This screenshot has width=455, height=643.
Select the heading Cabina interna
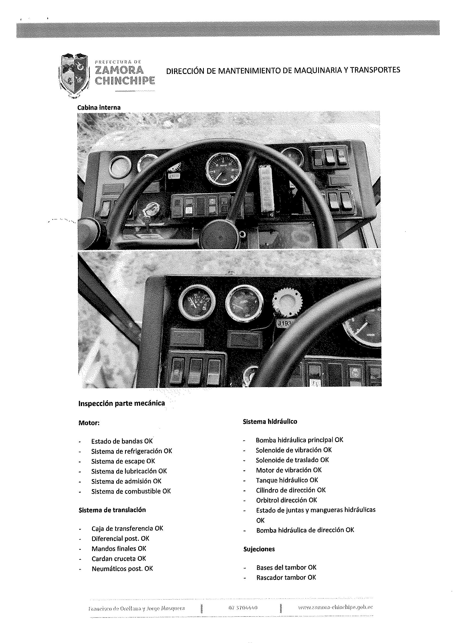click(x=99, y=107)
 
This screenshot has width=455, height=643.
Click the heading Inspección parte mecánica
click(x=122, y=403)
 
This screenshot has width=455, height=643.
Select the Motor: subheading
click(x=89, y=423)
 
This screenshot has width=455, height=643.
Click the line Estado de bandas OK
click(x=122, y=441)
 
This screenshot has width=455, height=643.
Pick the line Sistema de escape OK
click(x=123, y=461)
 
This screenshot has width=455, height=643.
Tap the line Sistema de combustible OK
click(x=131, y=491)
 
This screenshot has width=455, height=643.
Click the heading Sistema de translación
click(x=112, y=510)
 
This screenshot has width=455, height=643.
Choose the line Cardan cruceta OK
click(x=119, y=558)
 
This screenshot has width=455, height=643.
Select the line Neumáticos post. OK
click(x=122, y=569)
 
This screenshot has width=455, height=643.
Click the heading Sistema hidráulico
click(x=270, y=422)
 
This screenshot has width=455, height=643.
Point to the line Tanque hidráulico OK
click(x=287, y=480)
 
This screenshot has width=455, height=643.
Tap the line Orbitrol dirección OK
click(x=286, y=500)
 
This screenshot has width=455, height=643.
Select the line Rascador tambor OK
click(x=286, y=577)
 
